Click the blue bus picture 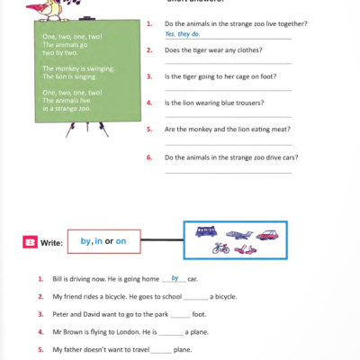[205, 231]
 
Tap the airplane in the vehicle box [237, 234]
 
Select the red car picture [267, 234]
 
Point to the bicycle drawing [220, 248]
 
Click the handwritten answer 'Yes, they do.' [183, 33]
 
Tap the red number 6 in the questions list [148, 157]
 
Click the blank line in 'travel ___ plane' [161, 351]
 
